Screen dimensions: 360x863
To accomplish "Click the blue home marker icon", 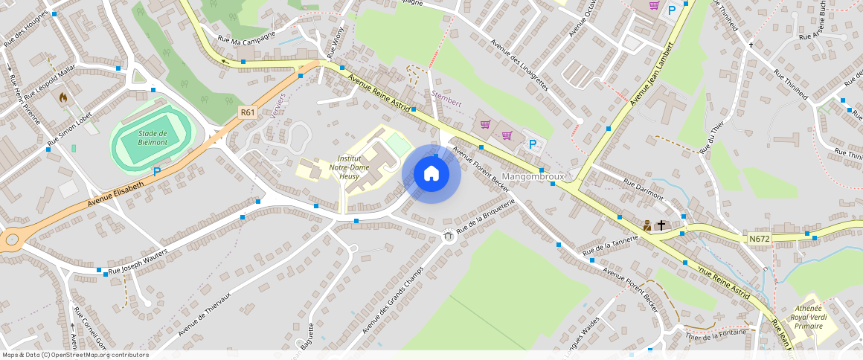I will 431,174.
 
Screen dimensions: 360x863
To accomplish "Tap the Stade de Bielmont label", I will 153,137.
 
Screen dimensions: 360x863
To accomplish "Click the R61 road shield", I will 248,113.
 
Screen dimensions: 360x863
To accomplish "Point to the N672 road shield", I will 759,239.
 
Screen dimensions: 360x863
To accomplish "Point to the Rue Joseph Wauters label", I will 138,263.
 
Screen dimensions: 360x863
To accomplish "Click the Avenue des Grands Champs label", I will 392,300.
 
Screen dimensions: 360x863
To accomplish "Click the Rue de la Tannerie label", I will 611,248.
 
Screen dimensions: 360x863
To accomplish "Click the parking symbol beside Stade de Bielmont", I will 157,172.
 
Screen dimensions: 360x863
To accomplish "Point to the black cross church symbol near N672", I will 661,225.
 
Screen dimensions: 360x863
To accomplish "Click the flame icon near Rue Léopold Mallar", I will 63,97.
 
